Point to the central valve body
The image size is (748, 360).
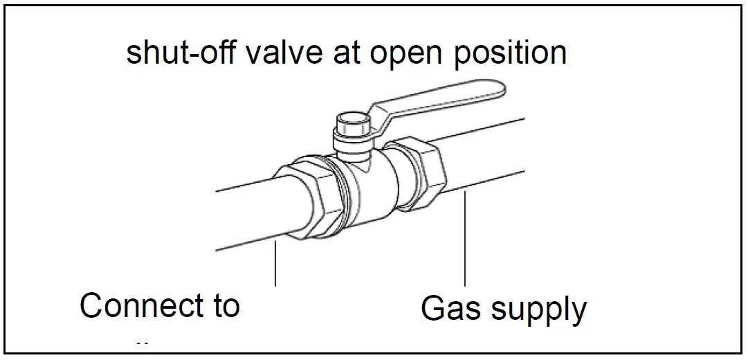[x=370, y=190]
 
